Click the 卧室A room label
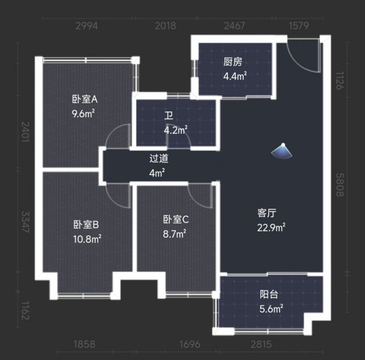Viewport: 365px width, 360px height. pos(85,100)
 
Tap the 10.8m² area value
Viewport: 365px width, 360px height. pos(87,239)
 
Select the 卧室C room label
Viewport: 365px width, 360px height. pos(176,220)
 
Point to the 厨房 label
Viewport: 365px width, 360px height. pos(233,62)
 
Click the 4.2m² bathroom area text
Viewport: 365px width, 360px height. pos(176,130)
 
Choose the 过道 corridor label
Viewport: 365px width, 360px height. pos(158,158)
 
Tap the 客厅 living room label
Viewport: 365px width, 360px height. pos(267,213)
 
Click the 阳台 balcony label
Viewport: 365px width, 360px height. pos(269,295)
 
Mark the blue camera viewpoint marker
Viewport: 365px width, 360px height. pos(282,151)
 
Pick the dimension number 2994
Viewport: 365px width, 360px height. pos(86,26)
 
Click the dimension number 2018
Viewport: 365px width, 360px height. pos(166,26)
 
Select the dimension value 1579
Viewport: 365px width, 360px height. pos(298,26)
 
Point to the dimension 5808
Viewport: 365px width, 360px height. pos(340,185)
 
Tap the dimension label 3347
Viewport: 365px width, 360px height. pos(25,222)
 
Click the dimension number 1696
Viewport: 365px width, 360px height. pos(190,344)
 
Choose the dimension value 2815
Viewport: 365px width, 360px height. pos(261,344)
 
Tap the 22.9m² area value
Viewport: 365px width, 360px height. pos(271,227)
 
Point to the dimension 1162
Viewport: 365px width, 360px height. pos(25,311)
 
